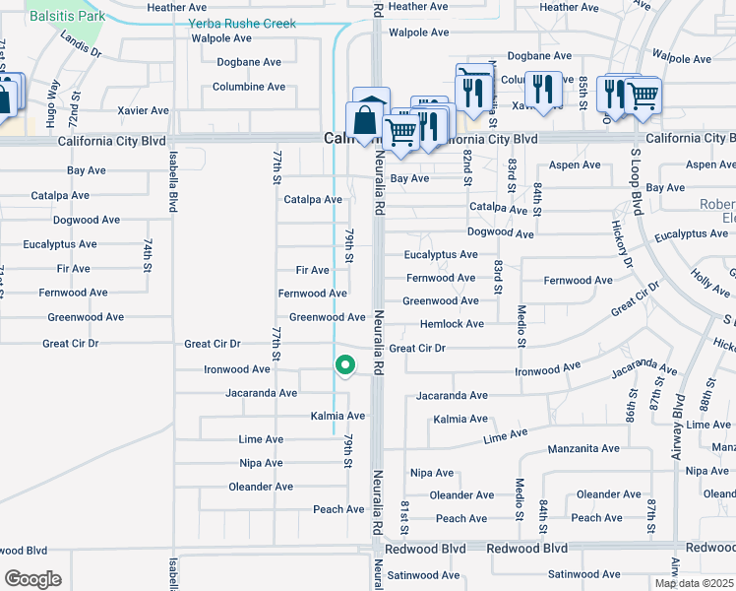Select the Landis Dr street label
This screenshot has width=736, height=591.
tap(81, 44)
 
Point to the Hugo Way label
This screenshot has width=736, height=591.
tap(54, 98)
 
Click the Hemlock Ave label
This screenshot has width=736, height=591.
tap(452, 324)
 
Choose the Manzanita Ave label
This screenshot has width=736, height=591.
tap(583, 448)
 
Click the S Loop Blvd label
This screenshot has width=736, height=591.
tap(637, 186)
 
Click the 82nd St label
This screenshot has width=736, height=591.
tap(468, 164)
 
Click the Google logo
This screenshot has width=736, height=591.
tap(32, 579)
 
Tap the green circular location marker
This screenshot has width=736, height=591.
tap(345, 365)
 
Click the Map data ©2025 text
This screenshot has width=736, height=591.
tap(694, 583)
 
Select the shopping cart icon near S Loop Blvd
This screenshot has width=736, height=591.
tap(642, 95)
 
